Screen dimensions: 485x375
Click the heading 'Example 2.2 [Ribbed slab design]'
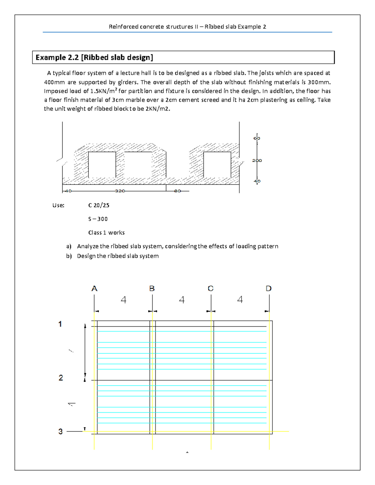coord(94,57)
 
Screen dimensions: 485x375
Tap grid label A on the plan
coord(94,289)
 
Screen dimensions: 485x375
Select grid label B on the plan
coord(152,289)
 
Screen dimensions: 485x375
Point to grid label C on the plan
coord(211,289)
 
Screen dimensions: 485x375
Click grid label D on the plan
coord(269,289)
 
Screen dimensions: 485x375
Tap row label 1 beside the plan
coord(60,324)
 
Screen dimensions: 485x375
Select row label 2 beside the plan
coord(61,378)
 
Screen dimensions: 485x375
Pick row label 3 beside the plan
coord(60,432)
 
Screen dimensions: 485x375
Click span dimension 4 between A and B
coord(123,300)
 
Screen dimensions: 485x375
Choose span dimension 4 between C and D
coord(240,300)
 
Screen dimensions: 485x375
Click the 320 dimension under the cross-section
coord(120,191)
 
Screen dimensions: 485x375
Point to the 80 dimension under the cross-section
coord(177,191)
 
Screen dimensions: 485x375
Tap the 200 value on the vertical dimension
coord(257,161)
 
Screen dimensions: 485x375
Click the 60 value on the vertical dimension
coord(257,138)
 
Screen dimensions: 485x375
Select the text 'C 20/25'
coord(99,205)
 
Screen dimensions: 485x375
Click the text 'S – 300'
coord(98,219)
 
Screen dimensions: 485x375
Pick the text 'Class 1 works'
coord(106,233)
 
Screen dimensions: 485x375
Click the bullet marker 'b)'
coord(69,256)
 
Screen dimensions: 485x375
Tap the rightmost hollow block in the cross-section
coord(217,165)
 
